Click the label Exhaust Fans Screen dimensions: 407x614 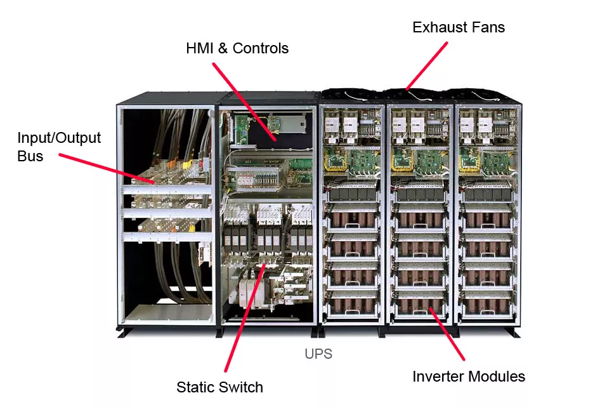pos(458,27)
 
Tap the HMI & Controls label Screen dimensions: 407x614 pos(237,48)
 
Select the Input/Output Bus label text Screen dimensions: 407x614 pos(58,147)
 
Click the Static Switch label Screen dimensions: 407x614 pos(219,387)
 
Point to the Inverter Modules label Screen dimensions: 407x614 pos(469,377)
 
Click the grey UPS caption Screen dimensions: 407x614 pos(318,354)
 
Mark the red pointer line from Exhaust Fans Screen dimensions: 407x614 pos(427,65)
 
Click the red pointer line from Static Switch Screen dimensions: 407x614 pos(244,321)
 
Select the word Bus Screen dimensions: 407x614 pos(30,156)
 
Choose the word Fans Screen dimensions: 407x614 pos(491,27)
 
